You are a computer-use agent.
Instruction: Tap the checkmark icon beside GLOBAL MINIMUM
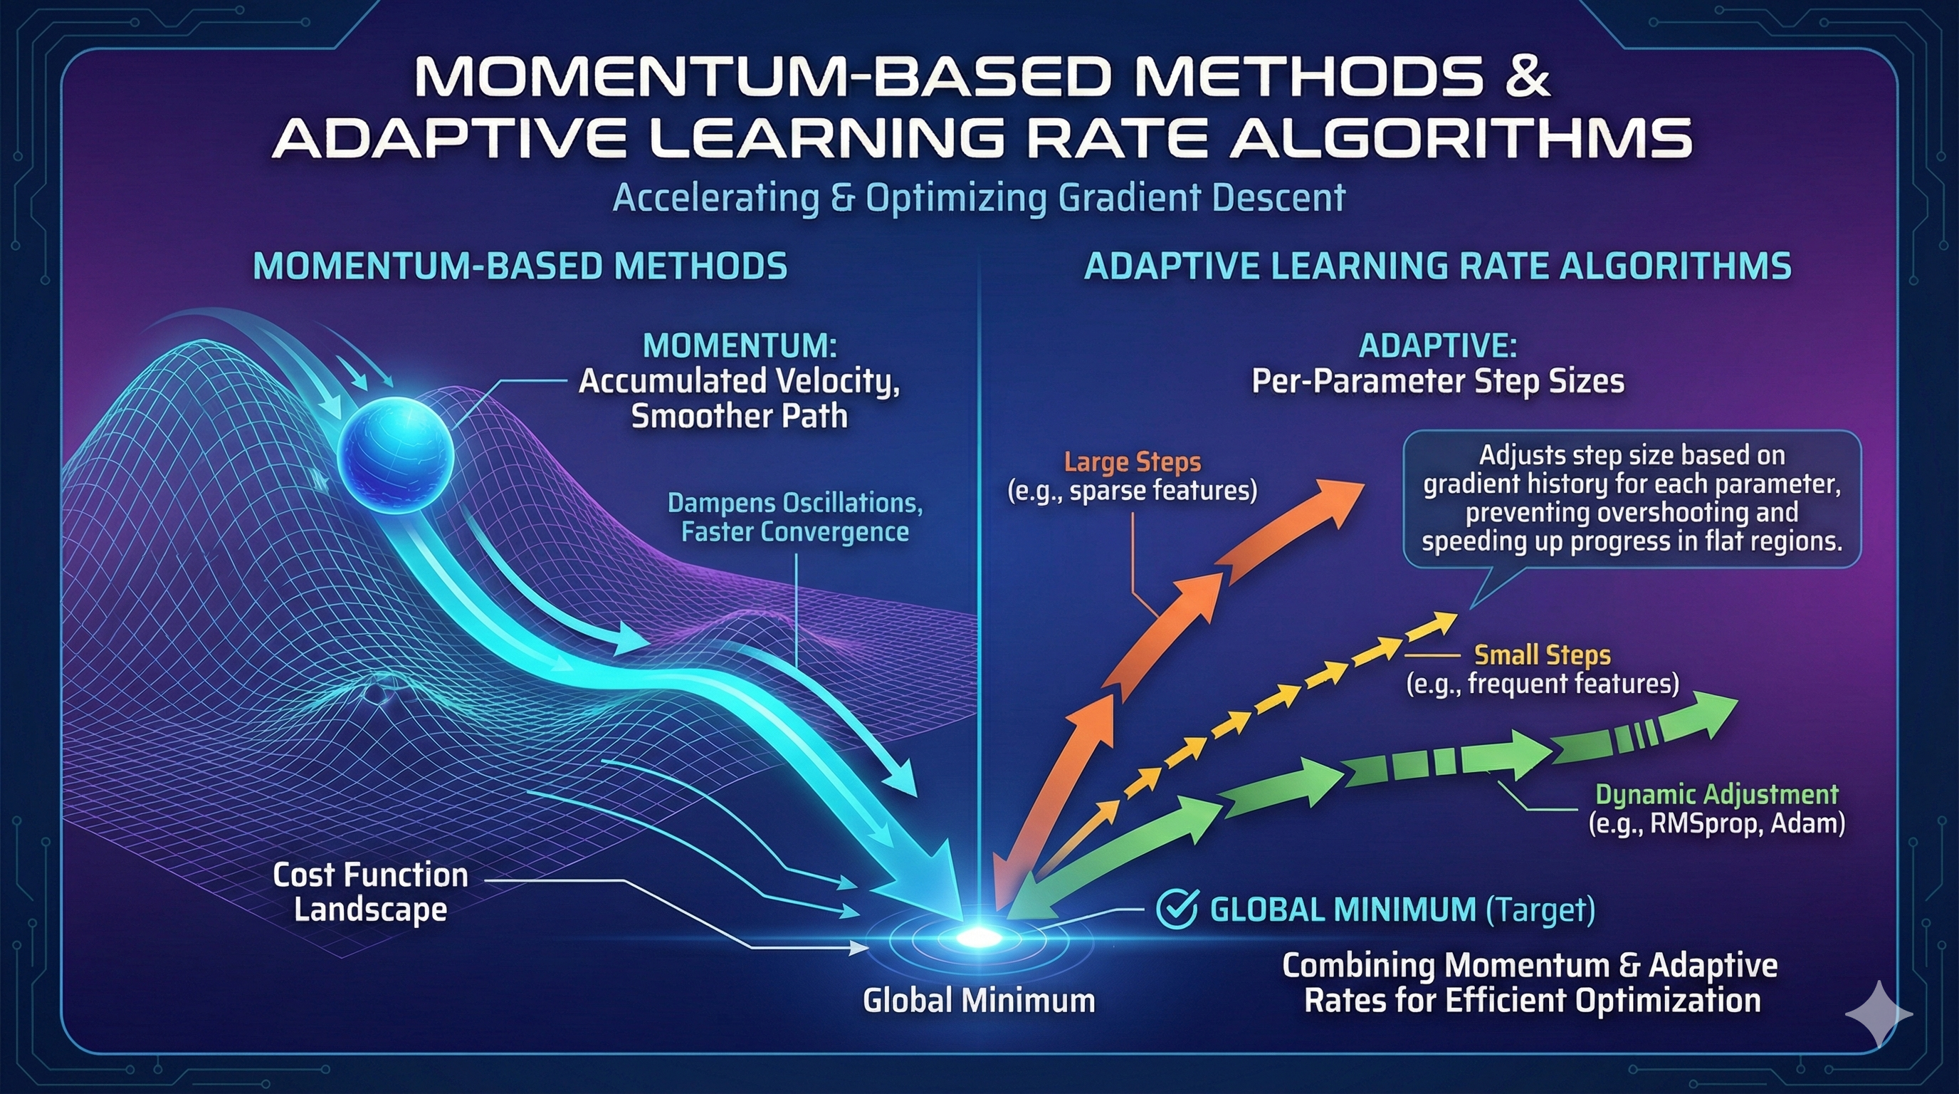(x=1177, y=909)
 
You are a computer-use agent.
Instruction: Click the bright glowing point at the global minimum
(x=978, y=937)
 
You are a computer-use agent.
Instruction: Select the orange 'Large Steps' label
(x=1133, y=462)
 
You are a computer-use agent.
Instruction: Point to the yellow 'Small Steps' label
(x=1541, y=655)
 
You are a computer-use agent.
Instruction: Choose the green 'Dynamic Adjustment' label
(x=1716, y=794)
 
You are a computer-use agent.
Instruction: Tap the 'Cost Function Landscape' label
(x=370, y=892)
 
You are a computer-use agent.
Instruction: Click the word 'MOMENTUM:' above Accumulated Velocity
(x=739, y=346)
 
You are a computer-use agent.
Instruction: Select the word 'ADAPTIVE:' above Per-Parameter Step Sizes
(x=1437, y=346)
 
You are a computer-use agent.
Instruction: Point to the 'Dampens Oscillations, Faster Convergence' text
(x=794, y=517)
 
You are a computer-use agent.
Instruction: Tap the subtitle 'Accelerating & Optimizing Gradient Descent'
(x=979, y=198)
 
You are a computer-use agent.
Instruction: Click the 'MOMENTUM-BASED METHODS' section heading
(x=520, y=266)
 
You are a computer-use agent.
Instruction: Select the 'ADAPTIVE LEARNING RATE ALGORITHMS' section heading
(x=1437, y=266)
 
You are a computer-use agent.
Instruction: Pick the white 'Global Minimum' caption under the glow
(x=979, y=1000)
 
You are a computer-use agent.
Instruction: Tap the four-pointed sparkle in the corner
(x=1878, y=1014)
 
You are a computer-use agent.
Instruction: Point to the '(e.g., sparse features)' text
(x=1133, y=491)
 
